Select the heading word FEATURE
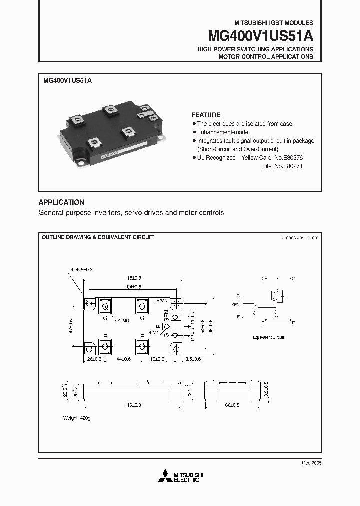point(206,115)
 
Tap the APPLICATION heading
point(61,202)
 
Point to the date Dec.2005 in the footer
point(311,463)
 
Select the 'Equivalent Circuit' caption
point(268,337)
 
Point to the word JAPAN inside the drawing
point(161,301)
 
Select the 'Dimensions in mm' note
point(299,238)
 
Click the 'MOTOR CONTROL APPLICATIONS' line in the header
point(265,57)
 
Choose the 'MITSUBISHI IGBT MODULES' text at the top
point(274,23)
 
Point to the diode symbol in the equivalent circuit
point(283,296)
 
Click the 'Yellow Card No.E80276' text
point(272,157)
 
